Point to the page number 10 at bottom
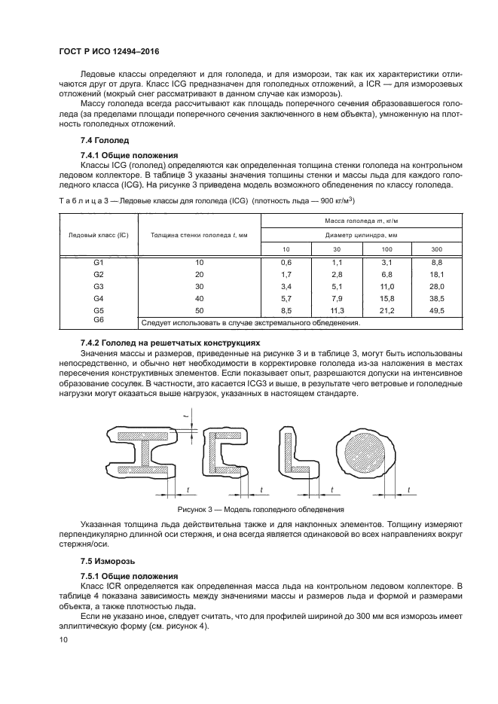pyautogui.click(x=63, y=639)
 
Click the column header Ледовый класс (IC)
pyautogui.click(x=98, y=235)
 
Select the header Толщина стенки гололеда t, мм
pyautogui.click(x=200, y=235)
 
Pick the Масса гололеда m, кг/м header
pyautogui.click(x=361, y=221)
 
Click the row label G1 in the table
pyautogui.click(x=98, y=262)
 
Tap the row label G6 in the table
pyautogui.click(x=98, y=321)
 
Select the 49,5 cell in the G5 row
pyautogui.click(x=436, y=310)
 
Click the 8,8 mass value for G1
pyautogui.click(x=436, y=262)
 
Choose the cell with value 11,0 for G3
pyautogui.click(x=387, y=286)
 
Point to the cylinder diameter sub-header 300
pyautogui.click(x=436, y=248)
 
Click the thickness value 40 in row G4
pyautogui.click(x=200, y=298)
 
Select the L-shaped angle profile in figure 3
pyautogui.click(x=298, y=453)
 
